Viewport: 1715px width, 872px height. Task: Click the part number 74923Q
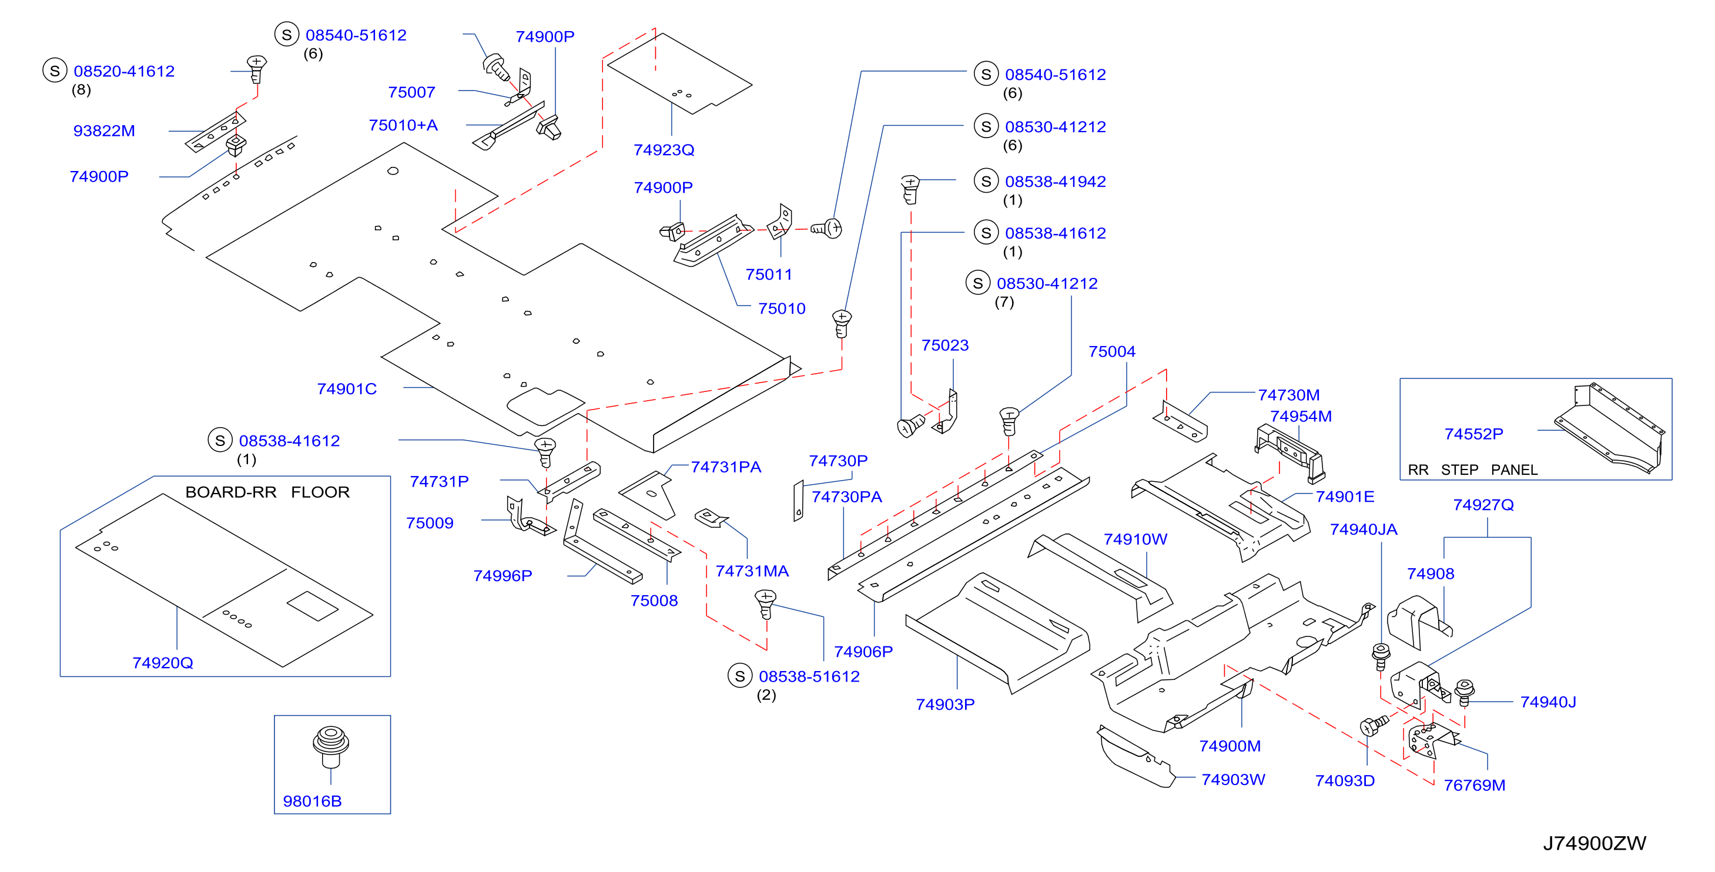point(664,150)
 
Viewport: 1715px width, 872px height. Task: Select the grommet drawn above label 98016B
point(331,747)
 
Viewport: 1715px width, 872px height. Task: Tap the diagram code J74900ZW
point(1595,843)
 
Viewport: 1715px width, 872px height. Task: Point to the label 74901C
point(347,389)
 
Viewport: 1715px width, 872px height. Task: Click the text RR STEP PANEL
point(1473,470)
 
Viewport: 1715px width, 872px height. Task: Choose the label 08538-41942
point(1055,182)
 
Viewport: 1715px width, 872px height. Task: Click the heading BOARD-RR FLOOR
point(267,492)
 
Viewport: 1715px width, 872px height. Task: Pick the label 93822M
point(104,130)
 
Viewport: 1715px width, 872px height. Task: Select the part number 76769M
point(1474,786)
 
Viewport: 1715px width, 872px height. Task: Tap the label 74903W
point(1233,780)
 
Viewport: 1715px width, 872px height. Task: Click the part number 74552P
point(1473,434)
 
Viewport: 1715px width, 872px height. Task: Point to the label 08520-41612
point(124,71)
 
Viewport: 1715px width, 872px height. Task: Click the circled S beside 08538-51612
point(740,676)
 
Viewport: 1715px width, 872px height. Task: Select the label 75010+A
point(403,125)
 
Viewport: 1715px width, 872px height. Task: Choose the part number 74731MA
point(752,571)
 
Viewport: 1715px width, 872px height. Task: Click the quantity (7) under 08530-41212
point(1004,302)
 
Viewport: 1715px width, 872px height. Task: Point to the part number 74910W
point(1135,539)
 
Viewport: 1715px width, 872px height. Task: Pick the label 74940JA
point(1364,529)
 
